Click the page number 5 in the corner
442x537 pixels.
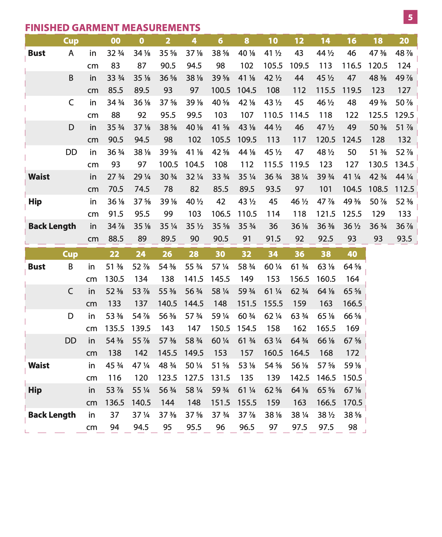pos(410,17)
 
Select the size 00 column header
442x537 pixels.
pos(115,41)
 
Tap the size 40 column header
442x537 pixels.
pos(352,254)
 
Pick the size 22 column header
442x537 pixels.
pos(114,254)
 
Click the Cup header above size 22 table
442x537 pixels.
pos(70,254)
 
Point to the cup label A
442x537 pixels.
pos(71,53)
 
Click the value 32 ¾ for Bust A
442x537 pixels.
pos(115,53)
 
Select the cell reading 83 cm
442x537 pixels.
pos(115,66)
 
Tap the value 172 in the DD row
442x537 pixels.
pos(352,353)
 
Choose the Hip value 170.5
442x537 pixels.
pos(352,403)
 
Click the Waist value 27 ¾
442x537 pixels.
pos(116,177)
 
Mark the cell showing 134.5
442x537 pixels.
pos(404,164)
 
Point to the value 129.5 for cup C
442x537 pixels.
pos(404,115)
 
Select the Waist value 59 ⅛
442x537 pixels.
pos(352,366)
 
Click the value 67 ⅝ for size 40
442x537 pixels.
pos(352,341)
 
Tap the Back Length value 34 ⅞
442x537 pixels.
pos(116,226)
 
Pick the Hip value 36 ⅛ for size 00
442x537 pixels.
pos(116,202)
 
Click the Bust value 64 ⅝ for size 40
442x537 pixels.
pos(352,267)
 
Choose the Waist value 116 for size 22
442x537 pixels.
pos(114,378)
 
